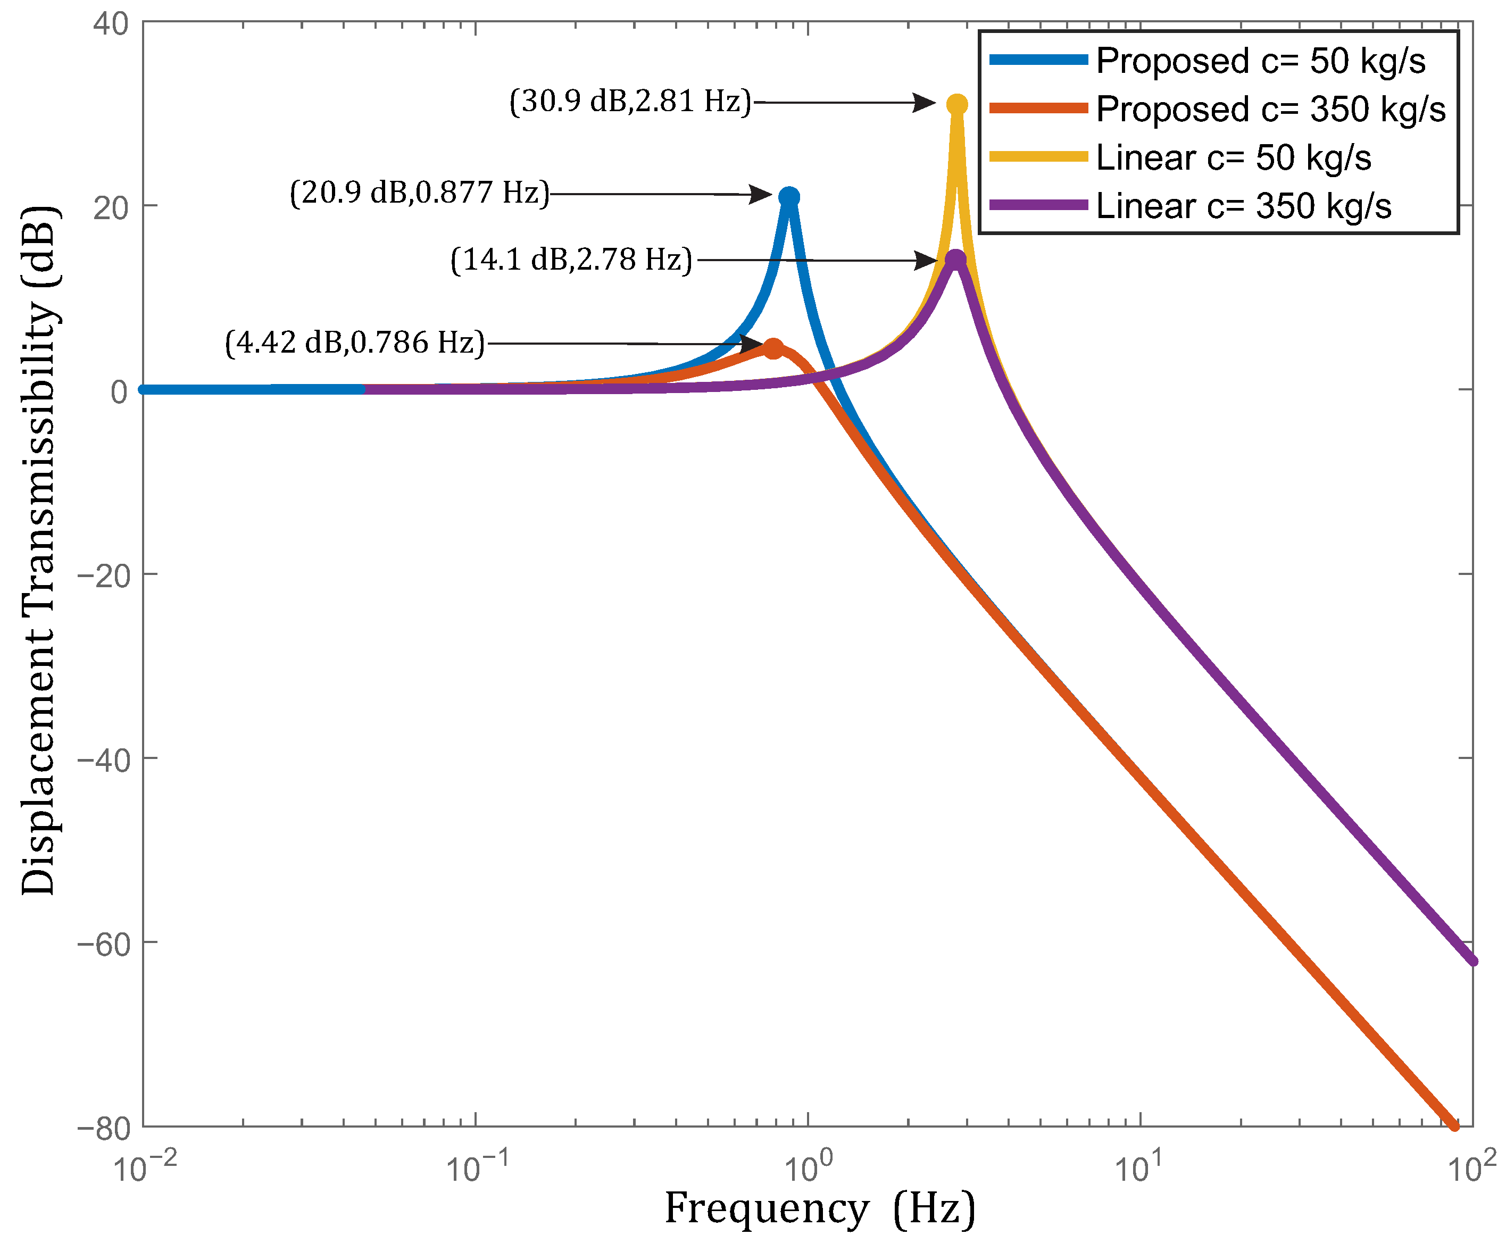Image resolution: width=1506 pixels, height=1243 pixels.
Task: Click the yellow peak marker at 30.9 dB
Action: point(956,105)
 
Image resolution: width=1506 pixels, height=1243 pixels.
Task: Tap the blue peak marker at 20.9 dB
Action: point(788,197)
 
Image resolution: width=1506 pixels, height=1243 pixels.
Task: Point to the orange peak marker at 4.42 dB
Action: point(773,349)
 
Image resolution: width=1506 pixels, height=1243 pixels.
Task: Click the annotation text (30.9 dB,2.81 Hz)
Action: point(630,102)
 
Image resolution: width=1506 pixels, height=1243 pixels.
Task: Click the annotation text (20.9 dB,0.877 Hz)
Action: point(420,193)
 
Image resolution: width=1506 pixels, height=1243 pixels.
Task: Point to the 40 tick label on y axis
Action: point(111,23)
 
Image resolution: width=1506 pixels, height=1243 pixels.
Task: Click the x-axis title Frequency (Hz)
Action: point(820,1209)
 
